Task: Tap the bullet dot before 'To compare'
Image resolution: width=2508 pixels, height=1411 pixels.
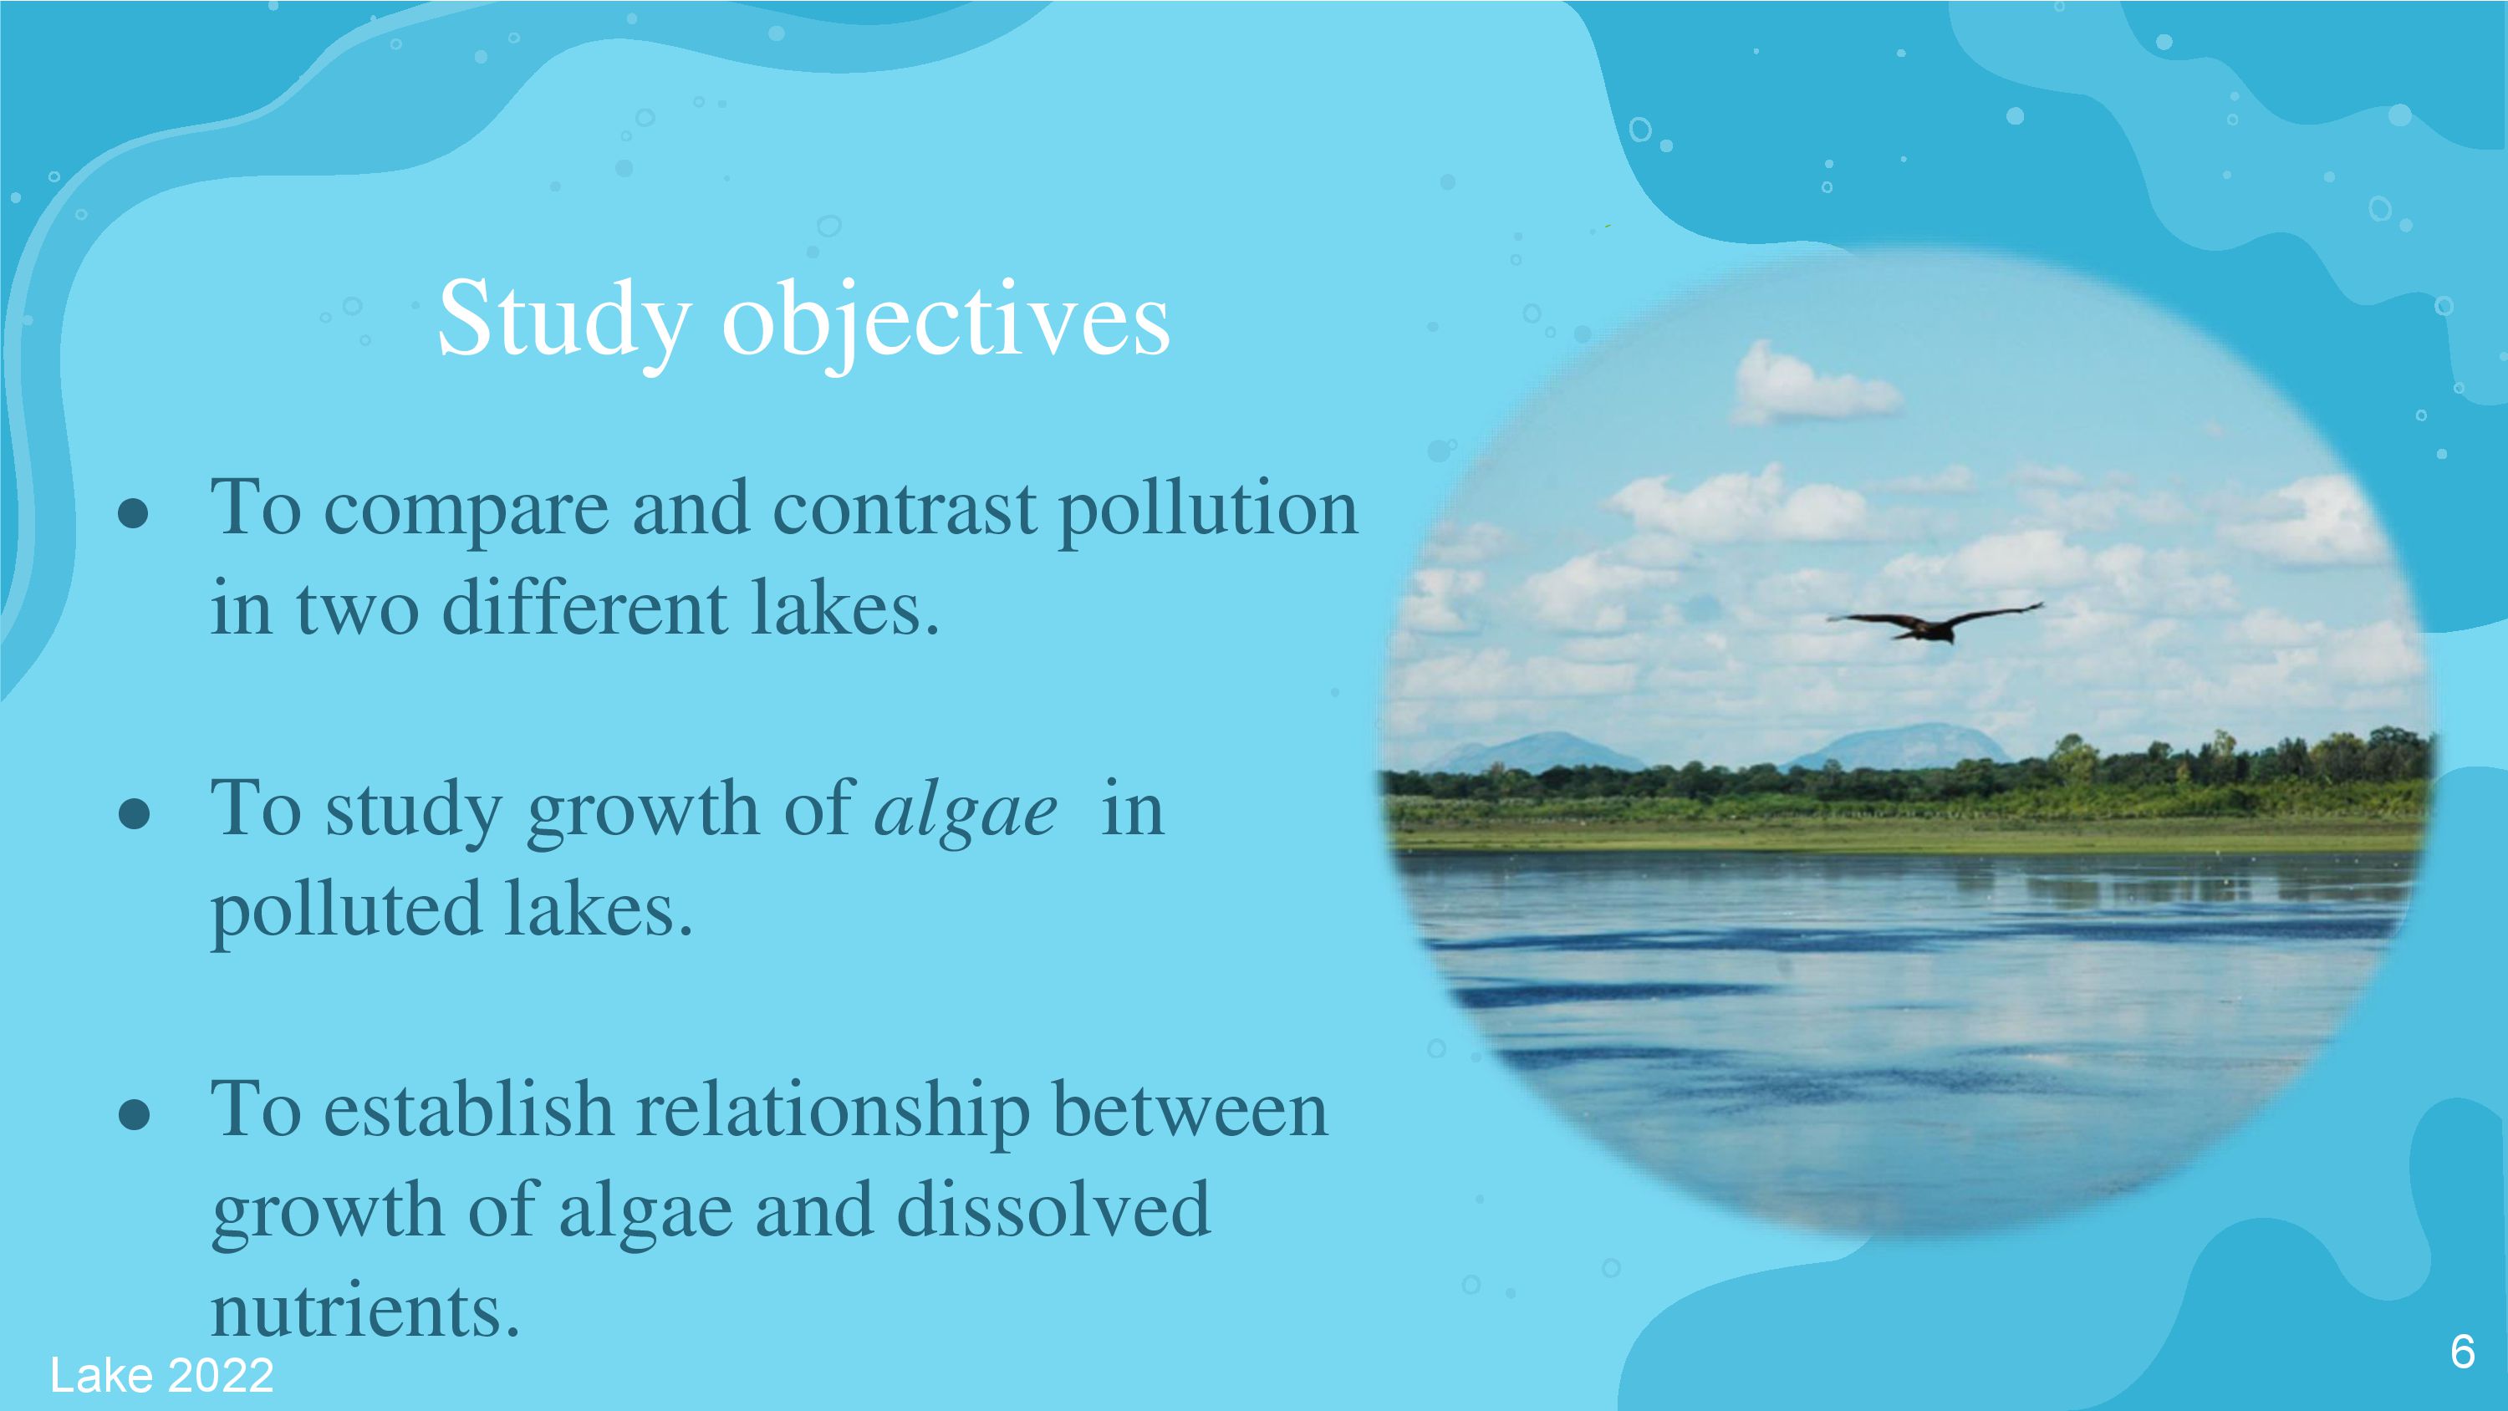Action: (x=134, y=514)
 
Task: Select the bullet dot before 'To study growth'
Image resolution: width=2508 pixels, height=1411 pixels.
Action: (x=134, y=814)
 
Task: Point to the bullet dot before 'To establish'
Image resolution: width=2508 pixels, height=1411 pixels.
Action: (x=134, y=1115)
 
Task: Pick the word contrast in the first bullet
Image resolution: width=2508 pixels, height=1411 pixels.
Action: (x=905, y=510)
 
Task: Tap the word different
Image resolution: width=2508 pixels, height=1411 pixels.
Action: (x=584, y=609)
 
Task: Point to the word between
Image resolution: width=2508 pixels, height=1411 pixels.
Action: (x=1190, y=1110)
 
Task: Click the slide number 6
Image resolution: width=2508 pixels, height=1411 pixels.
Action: (x=2462, y=1352)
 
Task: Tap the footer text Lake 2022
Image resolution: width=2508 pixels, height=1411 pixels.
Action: (x=161, y=1375)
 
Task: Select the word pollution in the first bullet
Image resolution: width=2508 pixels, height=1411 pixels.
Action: (x=1207, y=510)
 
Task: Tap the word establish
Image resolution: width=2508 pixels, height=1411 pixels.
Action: (x=468, y=1110)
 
